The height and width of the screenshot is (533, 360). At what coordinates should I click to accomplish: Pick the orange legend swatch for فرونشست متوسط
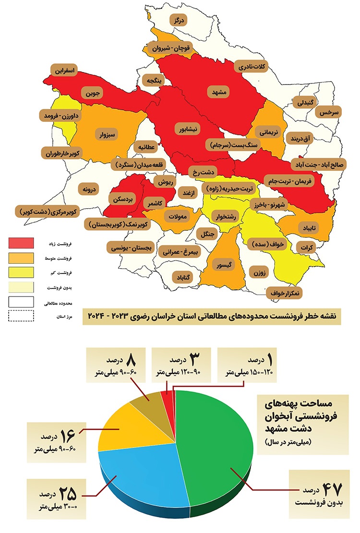click(21, 258)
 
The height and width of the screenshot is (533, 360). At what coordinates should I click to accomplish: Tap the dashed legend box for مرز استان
click(21, 316)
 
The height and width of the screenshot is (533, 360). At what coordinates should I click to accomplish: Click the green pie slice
click(216, 441)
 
